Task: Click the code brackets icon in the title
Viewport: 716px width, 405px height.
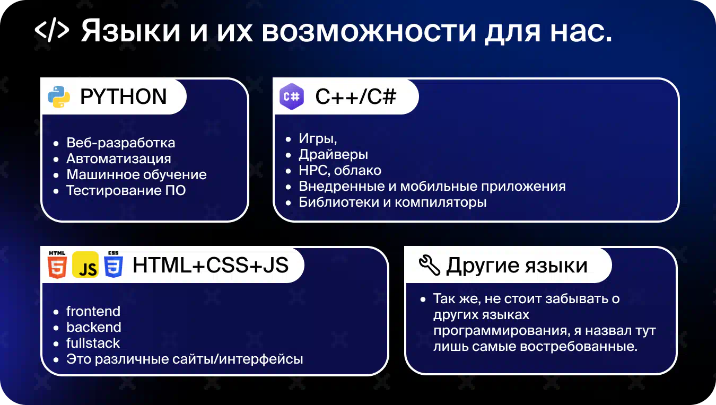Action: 52,30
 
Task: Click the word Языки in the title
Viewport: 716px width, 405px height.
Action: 130,31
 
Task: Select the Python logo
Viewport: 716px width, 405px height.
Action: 59,97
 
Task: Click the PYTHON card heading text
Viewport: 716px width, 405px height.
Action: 124,96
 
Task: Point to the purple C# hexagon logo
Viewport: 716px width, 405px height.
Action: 292,96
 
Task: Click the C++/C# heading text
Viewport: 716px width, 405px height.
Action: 356,96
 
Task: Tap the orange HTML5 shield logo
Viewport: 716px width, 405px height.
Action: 57,265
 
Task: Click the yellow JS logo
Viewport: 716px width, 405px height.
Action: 85,265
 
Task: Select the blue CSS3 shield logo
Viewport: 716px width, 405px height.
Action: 113,265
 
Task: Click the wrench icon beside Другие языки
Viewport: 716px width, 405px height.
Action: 430,265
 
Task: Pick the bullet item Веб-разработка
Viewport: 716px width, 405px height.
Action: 121,143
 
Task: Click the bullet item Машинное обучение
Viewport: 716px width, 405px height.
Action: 136,175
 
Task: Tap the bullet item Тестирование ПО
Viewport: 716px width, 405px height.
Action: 126,191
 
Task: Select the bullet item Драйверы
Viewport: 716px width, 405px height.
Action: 334,155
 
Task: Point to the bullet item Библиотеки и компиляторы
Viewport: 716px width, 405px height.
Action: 392,202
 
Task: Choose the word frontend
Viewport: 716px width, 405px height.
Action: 93,311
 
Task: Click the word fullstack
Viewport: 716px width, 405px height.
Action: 93,343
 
